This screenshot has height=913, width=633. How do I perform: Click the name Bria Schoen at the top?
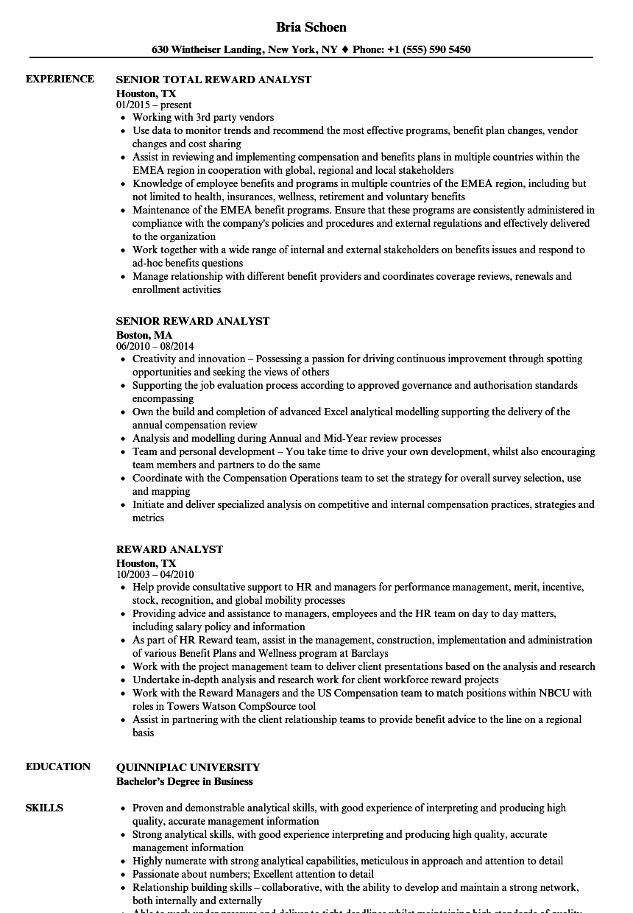pos(311,27)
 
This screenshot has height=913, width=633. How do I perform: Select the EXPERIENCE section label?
pos(60,80)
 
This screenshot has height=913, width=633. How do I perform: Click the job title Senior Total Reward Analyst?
pos(213,80)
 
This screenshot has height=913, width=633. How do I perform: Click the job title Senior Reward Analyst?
pos(193,321)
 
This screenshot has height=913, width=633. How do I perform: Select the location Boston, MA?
pos(144,335)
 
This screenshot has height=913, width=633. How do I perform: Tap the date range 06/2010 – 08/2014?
pos(155,346)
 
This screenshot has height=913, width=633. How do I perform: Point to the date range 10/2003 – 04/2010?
pos(155,574)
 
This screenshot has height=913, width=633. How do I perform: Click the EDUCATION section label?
pos(58,766)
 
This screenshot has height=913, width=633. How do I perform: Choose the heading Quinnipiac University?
pos(188,767)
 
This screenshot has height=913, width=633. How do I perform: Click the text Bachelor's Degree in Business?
pos(184,781)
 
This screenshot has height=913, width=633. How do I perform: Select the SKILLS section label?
pos(44,808)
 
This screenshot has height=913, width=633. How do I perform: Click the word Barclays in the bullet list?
pos(368,653)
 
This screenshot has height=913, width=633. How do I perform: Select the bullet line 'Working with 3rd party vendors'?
pos(203,117)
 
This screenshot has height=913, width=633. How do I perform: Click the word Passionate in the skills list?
pos(158,874)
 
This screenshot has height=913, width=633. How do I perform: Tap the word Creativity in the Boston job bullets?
pos(153,359)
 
